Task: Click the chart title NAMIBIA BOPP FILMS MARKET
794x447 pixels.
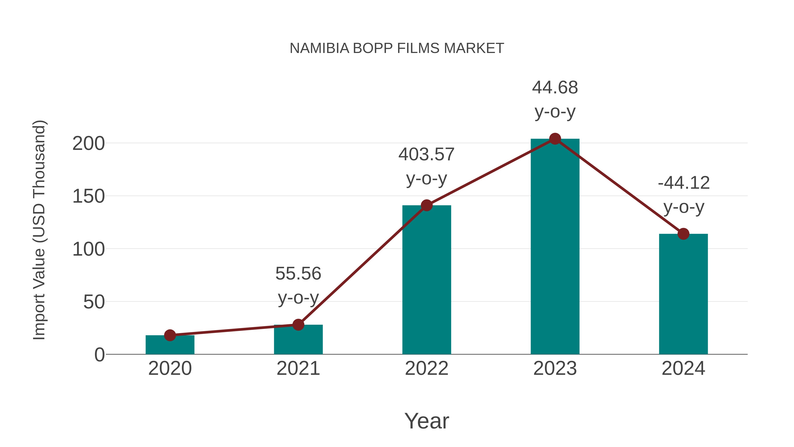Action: pos(397,48)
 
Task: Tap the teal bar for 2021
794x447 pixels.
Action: pos(298,341)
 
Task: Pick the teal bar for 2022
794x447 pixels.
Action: pos(427,281)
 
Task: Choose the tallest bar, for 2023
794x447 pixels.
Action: pos(555,247)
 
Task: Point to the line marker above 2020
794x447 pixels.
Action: pos(170,335)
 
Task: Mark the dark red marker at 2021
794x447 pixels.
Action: pos(298,324)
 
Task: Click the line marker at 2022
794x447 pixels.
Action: pos(427,205)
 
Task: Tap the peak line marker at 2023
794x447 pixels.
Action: pos(555,139)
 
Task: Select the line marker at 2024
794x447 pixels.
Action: pos(683,234)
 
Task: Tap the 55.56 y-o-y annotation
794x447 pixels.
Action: pos(298,285)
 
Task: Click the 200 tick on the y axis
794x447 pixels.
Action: pos(88,143)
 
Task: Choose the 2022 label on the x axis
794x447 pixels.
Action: pos(427,368)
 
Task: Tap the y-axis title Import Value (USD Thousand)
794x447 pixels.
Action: pos(39,230)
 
